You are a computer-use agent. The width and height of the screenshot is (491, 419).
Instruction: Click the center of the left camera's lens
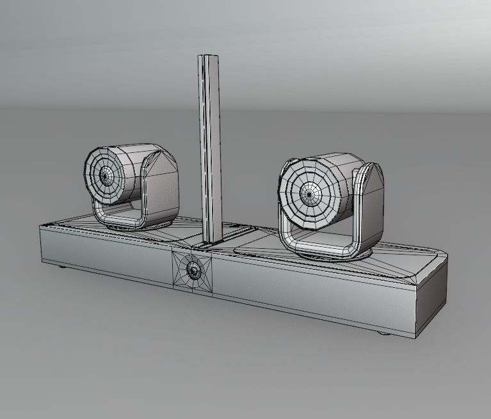tap(104, 175)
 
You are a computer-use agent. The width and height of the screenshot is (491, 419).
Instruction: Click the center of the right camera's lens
tap(310, 191)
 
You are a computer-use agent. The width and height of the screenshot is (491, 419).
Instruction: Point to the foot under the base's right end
tap(383, 332)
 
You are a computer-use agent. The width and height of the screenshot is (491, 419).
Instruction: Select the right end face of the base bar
tap(431, 294)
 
